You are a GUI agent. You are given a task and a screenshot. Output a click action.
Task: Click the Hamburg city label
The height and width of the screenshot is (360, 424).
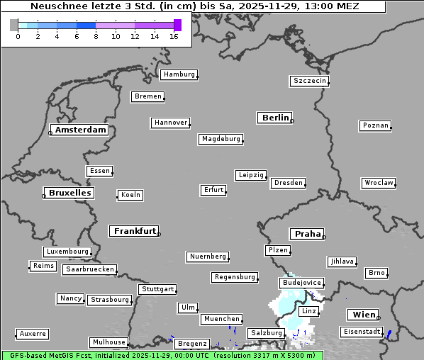178,74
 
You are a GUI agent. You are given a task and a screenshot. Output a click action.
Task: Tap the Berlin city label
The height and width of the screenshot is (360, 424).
275,118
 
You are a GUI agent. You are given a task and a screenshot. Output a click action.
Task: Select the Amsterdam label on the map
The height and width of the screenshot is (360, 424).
80,130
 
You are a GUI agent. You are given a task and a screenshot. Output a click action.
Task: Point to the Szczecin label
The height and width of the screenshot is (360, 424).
310,81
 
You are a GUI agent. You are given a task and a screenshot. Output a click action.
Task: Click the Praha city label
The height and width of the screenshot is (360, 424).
307,234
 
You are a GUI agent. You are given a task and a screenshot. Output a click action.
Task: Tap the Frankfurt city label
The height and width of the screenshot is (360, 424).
135,231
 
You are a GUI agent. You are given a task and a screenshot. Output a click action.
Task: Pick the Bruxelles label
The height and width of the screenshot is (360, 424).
69,193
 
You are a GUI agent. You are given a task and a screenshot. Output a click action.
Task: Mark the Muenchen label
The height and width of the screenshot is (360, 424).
222,320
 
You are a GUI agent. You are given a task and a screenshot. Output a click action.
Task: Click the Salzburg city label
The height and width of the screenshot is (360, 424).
266,333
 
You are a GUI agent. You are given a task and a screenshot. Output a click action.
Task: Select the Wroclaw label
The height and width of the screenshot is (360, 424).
378,183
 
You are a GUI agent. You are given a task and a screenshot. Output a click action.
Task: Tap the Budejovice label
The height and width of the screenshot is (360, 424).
301,283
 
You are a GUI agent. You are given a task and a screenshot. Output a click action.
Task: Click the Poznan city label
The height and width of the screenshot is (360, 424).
375,125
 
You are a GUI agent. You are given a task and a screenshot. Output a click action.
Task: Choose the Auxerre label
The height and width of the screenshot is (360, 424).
33,333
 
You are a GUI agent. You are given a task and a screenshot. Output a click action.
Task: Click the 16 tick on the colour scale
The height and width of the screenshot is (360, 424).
174,36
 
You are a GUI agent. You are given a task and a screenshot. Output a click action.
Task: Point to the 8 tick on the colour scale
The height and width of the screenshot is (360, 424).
96,36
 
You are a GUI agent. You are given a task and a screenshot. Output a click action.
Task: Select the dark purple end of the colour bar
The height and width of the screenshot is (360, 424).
177,25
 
